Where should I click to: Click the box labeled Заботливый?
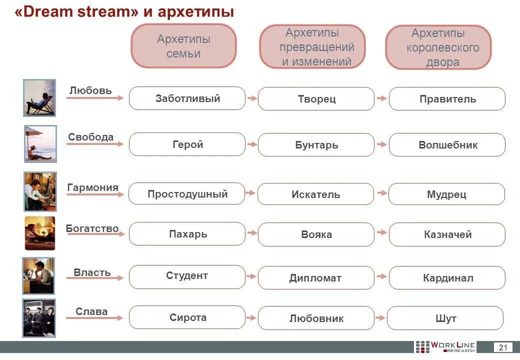[x=187, y=98]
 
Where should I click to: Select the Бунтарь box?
[x=316, y=145]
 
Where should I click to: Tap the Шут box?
[x=445, y=318]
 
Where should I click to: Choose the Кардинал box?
[x=447, y=278]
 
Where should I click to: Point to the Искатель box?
[x=315, y=194]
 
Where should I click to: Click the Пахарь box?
[x=187, y=234]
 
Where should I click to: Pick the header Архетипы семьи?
[x=183, y=46]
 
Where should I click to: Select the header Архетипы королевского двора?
[x=438, y=47]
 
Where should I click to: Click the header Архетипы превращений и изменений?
[x=312, y=47]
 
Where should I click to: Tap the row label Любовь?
[x=90, y=90]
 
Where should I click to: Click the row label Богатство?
[x=92, y=228]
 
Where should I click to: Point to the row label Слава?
[x=91, y=311]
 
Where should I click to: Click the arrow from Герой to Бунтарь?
[x=252, y=144]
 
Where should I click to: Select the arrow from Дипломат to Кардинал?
[x=381, y=276]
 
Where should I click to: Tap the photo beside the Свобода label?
[x=40, y=144]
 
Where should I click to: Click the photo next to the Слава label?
[x=39, y=318]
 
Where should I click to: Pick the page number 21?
[x=503, y=347]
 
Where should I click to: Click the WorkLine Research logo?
[x=445, y=347]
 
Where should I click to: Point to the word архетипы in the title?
[x=195, y=12]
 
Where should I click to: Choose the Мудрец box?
[x=446, y=194]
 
